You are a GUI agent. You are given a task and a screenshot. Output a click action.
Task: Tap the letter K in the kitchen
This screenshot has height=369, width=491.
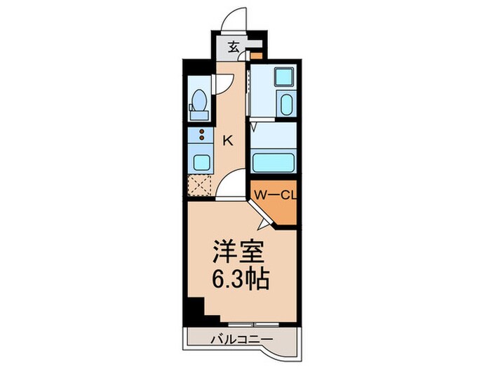228,140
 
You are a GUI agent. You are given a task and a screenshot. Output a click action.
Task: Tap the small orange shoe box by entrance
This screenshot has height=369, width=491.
258,53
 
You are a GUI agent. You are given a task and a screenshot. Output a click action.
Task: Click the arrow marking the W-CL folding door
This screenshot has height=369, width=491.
263,223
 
